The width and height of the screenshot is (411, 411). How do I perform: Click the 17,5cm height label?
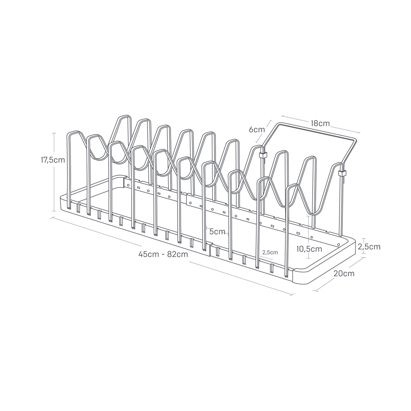(x=53, y=160)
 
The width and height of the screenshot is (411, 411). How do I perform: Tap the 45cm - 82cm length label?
(x=163, y=254)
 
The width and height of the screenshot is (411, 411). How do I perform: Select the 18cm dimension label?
(x=320, y=123)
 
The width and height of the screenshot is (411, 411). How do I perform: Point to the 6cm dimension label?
(x=257, y=129)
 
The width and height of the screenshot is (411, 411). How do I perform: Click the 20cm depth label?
(x=344, y=274)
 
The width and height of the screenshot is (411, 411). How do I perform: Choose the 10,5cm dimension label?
(x=309, y=249)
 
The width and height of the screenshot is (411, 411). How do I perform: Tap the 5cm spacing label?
(x=217, y=232)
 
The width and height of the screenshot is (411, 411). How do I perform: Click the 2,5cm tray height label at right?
(x=369, y=247)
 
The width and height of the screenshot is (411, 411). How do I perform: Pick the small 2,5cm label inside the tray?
(x=270, y=252)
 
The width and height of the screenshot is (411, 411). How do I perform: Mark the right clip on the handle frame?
(x=341, y=173)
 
